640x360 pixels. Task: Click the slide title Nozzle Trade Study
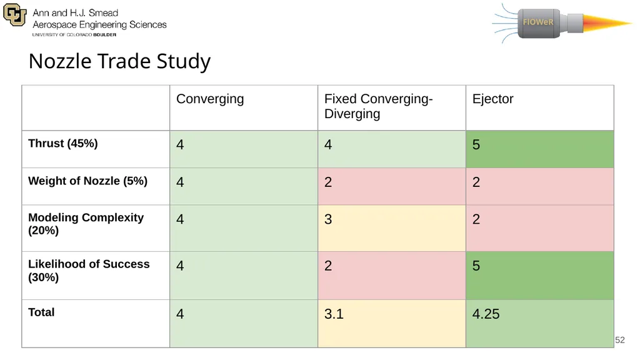[x=119, y=62]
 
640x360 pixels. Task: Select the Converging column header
[x=210, y=99]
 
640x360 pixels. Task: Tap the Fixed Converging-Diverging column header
[x=378, y=106]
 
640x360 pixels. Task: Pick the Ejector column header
[x=492, y=99]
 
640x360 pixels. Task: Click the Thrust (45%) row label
[x=63, y=144]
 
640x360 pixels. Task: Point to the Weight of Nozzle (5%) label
[x=87, y=181]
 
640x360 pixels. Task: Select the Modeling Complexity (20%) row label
[x=86, y=224]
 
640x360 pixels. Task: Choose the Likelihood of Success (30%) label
[x=89, y=271]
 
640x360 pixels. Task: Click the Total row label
[x=41, y=312]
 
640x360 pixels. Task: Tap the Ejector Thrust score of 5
[x=476, y=144]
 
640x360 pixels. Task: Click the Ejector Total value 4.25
[x=486, y=314]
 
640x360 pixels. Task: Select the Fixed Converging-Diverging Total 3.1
[x=334, y=314]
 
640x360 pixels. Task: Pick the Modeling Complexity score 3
[x=328, y=219]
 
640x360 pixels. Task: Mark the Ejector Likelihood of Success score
[x=476, y=266]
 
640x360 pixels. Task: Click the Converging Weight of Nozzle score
[x=180, y=182]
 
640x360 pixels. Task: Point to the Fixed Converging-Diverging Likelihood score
[x=328, y=266]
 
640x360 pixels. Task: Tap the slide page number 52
[x=619, y=340]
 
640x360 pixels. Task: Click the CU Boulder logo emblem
[x=15, y=15]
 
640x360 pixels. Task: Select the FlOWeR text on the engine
[x=538, y=22]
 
